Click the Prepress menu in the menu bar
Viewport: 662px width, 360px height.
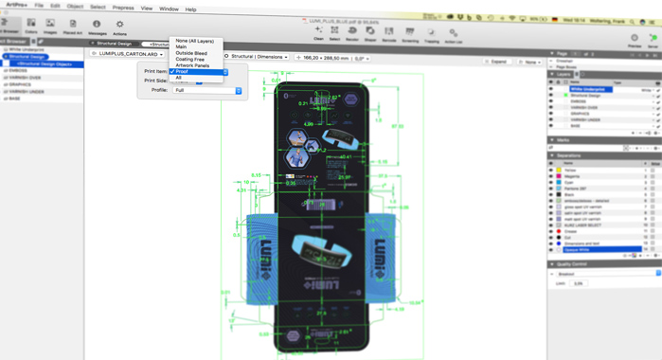pyautogui.click(x=123, y=8)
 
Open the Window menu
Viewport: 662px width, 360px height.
pyautogui.click(x=169, y=9)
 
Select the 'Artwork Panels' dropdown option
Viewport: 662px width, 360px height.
pyautogui.click(x=192, y=65)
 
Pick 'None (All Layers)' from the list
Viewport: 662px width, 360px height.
pyautogui.click(x=195, y=41)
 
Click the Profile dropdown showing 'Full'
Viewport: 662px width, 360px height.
pyautogui.click(x=206, y=90)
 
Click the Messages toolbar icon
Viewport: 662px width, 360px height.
pyautogui.click(x=97, y=27)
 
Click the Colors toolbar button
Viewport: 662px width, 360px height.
pyautogui.click(x=31, y=26)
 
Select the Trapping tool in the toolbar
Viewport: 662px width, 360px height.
pyautogui.click(x=432, y=33)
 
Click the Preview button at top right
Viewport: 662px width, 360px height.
pyautogui.click(x=635, y=41)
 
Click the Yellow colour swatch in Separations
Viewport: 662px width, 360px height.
pyautogui.click(x=559, y=171)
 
